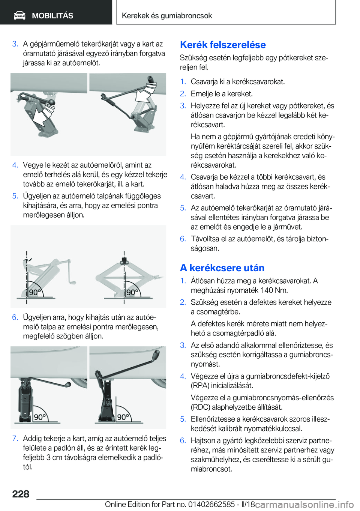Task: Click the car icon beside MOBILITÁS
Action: [x=19, y=16]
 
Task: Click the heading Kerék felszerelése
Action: [x=223, y=45]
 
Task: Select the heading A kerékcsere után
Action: [x=222, y=268]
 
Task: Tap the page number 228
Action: [x=21, y=494]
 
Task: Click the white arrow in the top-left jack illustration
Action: [x=43, y=115]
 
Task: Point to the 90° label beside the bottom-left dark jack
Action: [x=40, y=417]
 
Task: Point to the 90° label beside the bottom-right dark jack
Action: [x=123, y=417]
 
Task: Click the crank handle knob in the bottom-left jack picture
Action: [x=68, y=385]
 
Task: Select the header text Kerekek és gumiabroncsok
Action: [x=167, y=15]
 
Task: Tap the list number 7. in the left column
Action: [x=15, y=439]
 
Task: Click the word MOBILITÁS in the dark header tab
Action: [x=52, y=16]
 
